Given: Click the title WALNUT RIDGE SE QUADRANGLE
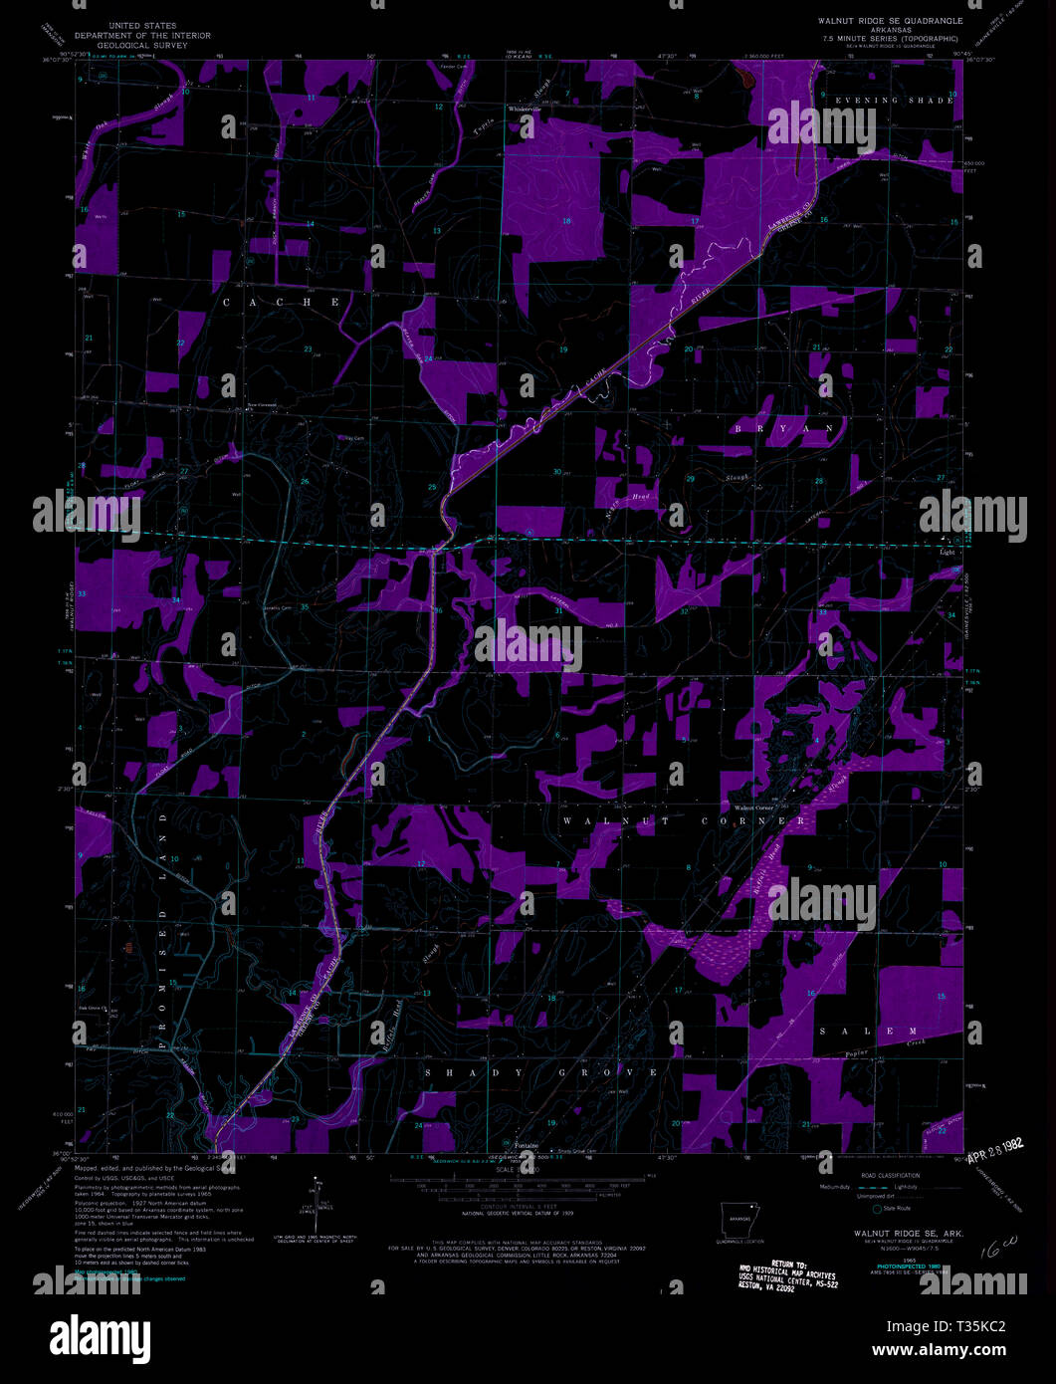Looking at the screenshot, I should click(890, 20).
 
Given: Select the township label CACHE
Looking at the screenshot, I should click(281, 302).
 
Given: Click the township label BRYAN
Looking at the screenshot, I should click(784, 428).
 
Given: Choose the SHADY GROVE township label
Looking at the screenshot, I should click(541, 1072).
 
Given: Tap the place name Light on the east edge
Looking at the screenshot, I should click(946, 551).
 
